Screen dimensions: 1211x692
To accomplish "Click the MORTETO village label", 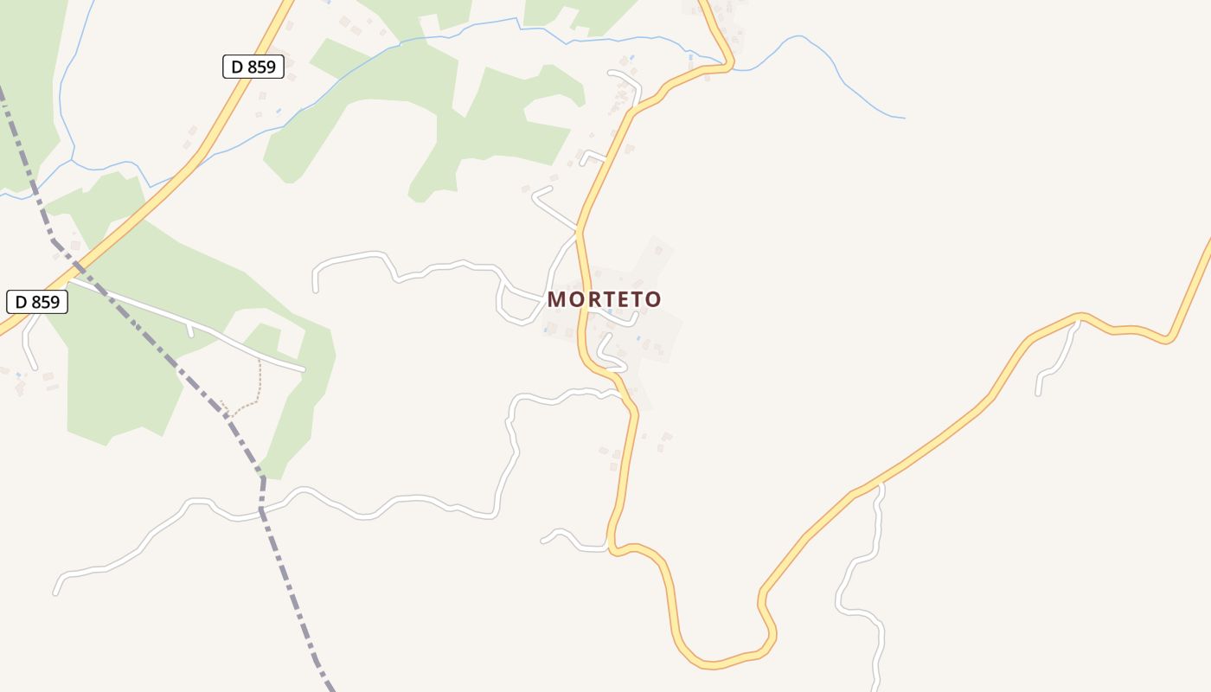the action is click(604, 299).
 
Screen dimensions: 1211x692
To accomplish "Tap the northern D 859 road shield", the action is click(253, 66).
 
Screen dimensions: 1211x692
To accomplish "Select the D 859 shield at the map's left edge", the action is click(37, 302).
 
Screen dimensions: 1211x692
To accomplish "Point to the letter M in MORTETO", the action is click(557, 299).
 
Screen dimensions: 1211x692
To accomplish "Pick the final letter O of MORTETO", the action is click(653, 299).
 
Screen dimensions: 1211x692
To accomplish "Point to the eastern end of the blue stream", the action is click(904, 118).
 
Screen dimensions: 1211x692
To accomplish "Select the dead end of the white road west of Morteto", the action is click(316, 290).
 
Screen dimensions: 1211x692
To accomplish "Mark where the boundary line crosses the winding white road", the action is click(262, 515).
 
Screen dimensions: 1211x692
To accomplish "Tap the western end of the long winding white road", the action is click(56, 593).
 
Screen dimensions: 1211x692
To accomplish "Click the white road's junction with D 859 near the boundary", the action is click(69, 279).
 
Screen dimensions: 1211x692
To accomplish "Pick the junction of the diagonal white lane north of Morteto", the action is click(578, 231).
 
